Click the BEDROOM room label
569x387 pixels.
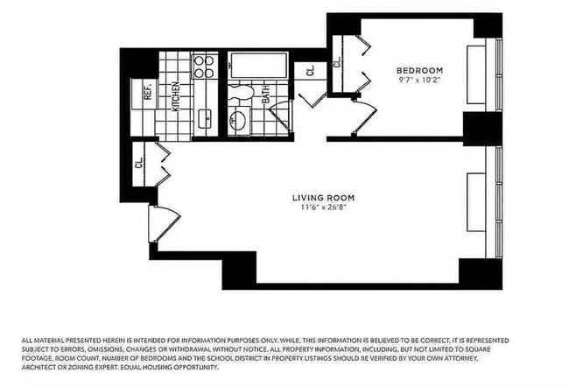pos(419,70)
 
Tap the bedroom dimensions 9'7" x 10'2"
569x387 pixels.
pos(419,81)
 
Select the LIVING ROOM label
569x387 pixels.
pos(324,198)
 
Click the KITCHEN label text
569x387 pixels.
pos(176,96)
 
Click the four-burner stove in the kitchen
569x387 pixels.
pos(204,67)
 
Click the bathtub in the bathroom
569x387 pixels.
pos(257,66)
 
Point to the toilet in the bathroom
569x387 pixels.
pos(242,91)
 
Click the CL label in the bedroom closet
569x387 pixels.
pos(338,62)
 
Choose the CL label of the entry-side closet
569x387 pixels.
pos(139,162)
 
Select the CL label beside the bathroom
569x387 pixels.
pos(310,72)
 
